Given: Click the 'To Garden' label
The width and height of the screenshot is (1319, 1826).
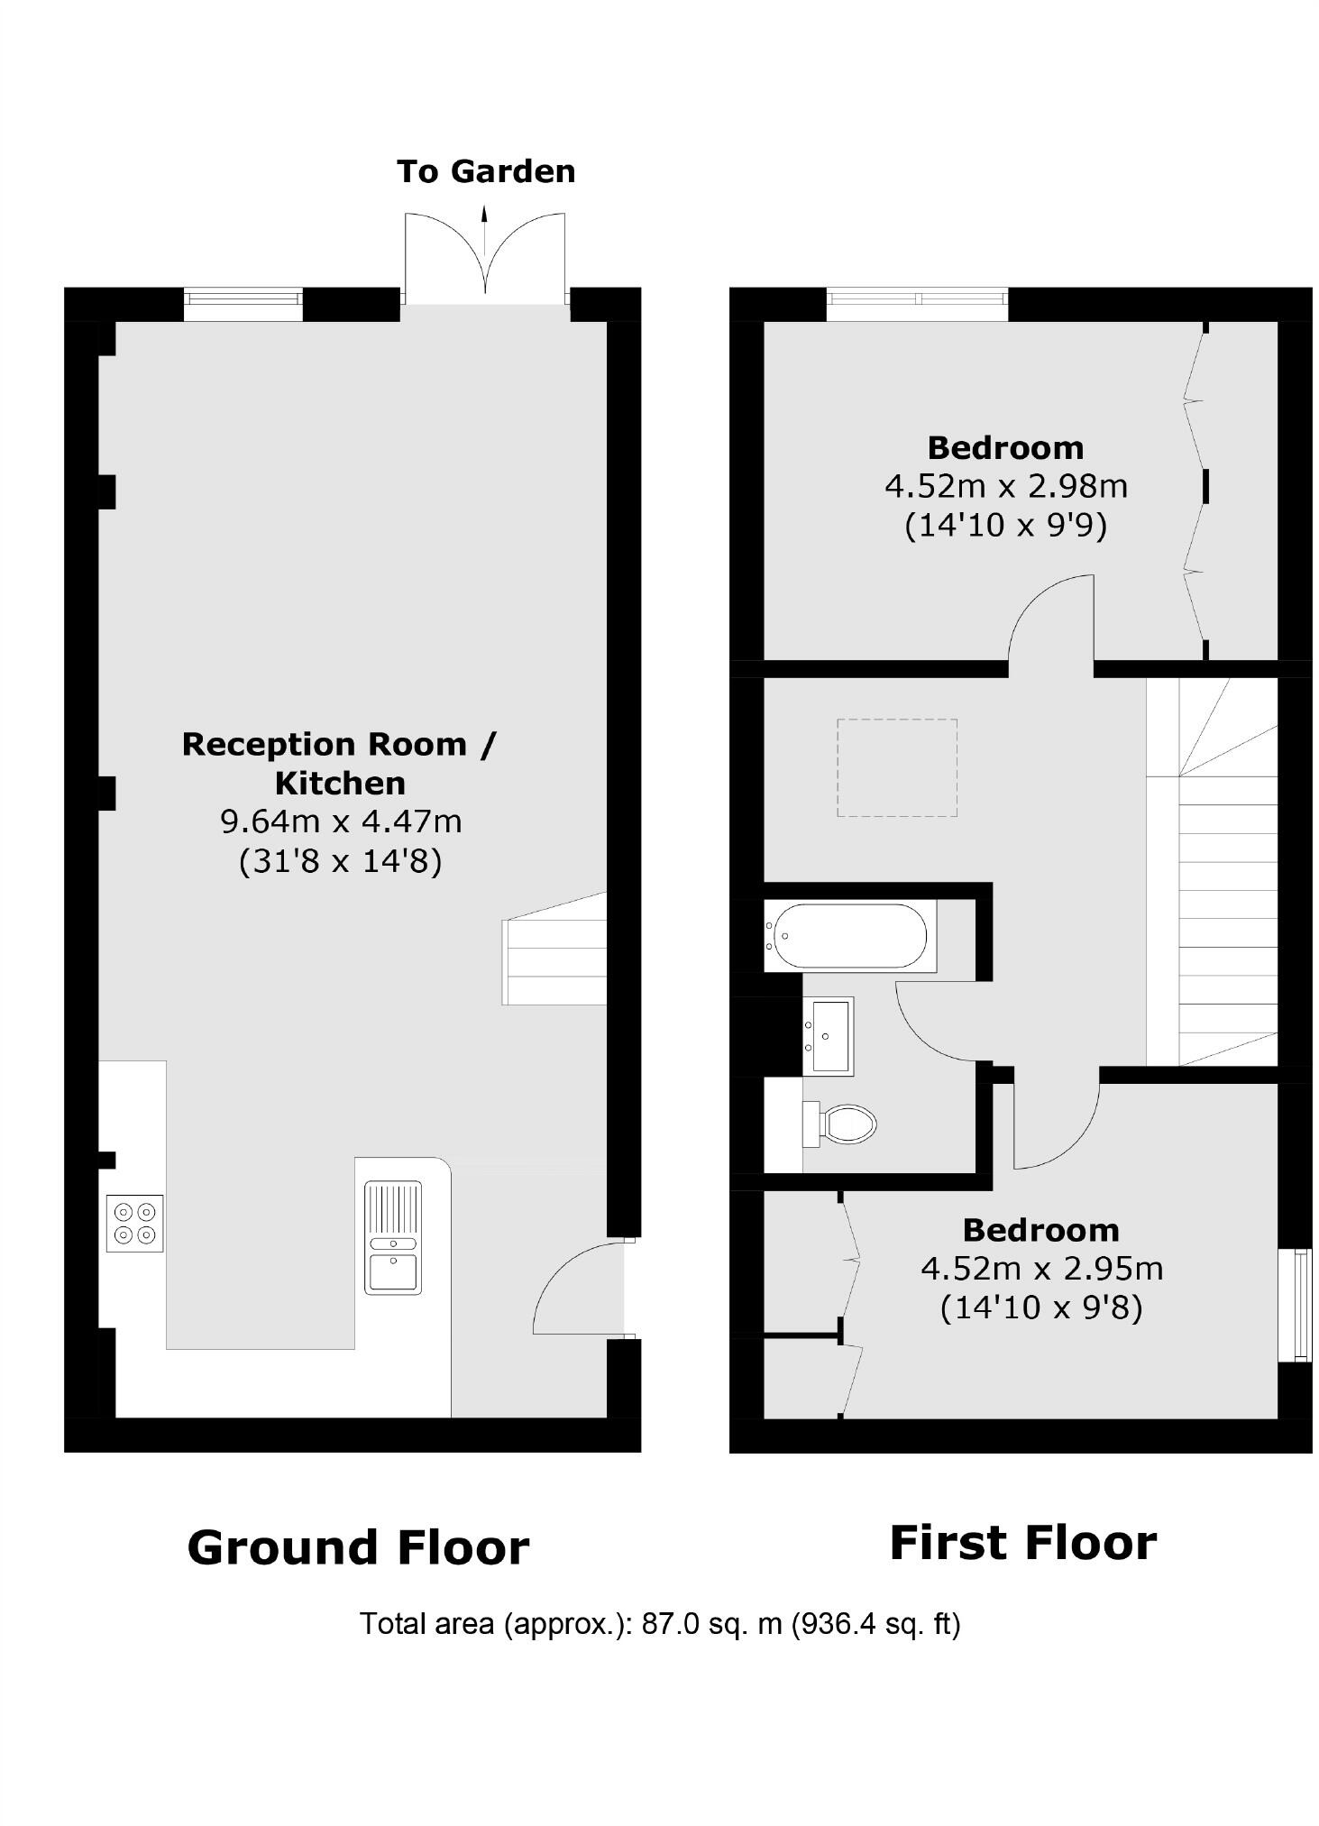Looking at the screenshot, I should pyautogui.click(x=486, y=171).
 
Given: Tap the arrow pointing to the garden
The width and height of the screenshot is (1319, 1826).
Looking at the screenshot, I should pyautogui.click(x=485, y=231).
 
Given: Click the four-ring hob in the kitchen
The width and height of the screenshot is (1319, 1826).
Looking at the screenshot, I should pyautogui.click(x=135, y=1223).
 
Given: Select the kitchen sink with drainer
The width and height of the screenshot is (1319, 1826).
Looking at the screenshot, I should pyautogui.click(x=392, y=1236).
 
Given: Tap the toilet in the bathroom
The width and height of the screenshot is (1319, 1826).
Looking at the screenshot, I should pyautogui.click(x=842, y=1124).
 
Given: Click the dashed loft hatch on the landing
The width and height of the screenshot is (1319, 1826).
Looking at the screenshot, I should pyautogui.click(x=896, y=767).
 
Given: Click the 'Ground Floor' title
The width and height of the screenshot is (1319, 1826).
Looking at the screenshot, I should pyautogui.click(x=358, y=1548).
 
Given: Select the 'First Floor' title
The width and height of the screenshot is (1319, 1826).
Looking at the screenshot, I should pyautogui.click(x=1022, y=1543).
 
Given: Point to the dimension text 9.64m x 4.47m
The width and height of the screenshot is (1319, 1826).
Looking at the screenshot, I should pyautogui.click(x=341, y=821).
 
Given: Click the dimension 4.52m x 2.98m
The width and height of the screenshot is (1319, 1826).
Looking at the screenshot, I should pyautogui.click(x=1005, y=487).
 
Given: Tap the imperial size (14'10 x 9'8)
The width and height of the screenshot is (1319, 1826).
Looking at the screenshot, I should pyautogui.click(x=1040, y=1307).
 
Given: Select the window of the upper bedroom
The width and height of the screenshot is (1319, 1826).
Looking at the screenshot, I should pyautogui.click(x=916, y=304).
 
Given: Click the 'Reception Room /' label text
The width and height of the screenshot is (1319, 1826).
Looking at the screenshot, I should pyautogui.click(x=339, y=745).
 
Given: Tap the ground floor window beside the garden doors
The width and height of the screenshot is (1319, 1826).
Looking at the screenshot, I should pyautogui.click(x=243, y=304).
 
